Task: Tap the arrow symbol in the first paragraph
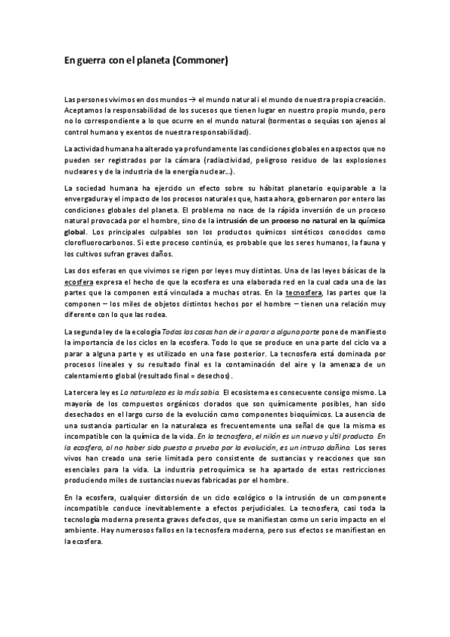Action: pyautogui.click(x=192, y=99)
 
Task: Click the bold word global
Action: pyautogui.click(x=76, y=234)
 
